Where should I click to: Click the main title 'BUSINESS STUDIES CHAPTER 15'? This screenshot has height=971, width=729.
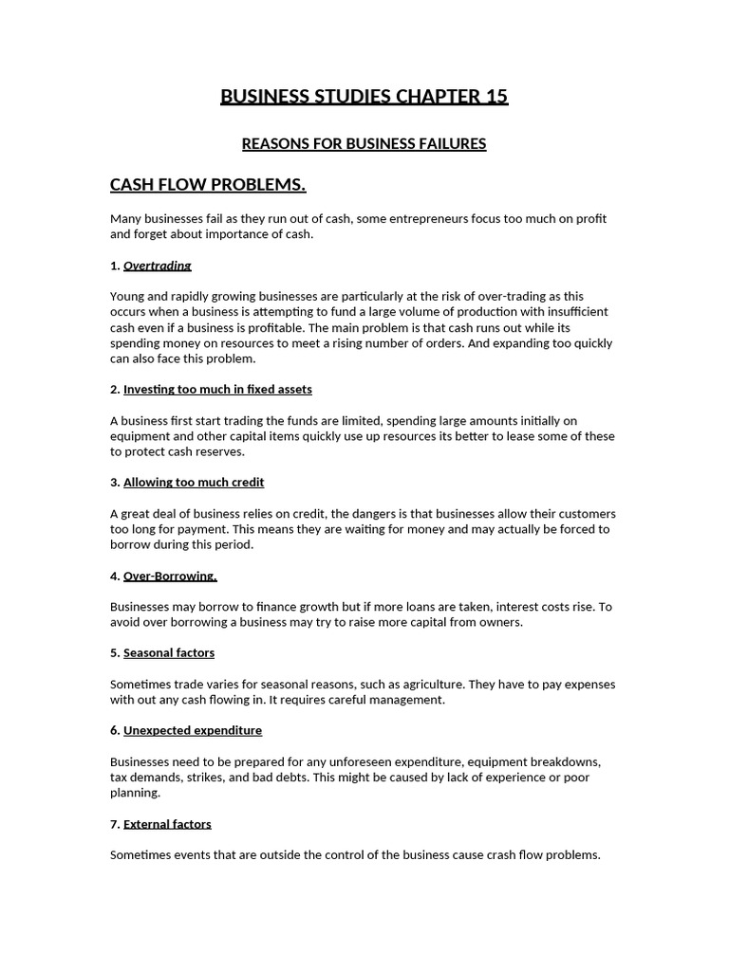click(x=364, y=96)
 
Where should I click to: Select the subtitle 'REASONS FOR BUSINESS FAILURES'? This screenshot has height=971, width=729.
click(x=364, y=144)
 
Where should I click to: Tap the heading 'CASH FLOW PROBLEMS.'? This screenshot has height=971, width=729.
click(x=208, y=184)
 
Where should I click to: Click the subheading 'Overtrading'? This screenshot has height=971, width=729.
click(x=158, y=266)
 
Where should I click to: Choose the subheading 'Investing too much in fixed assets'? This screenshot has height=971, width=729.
click(x=217, y=390)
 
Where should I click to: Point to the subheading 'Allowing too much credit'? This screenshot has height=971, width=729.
click(x=194, y=483)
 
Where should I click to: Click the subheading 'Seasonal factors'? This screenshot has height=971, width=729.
click(x=169, y=653)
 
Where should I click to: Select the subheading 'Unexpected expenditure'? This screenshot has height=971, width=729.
click(x=193, y=731)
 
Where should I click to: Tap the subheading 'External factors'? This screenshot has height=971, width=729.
click(x=167, y=824)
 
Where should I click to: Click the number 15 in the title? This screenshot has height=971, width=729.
click(x=496, y=96)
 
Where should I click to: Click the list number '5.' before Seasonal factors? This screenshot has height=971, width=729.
click(x=115, y=653)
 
